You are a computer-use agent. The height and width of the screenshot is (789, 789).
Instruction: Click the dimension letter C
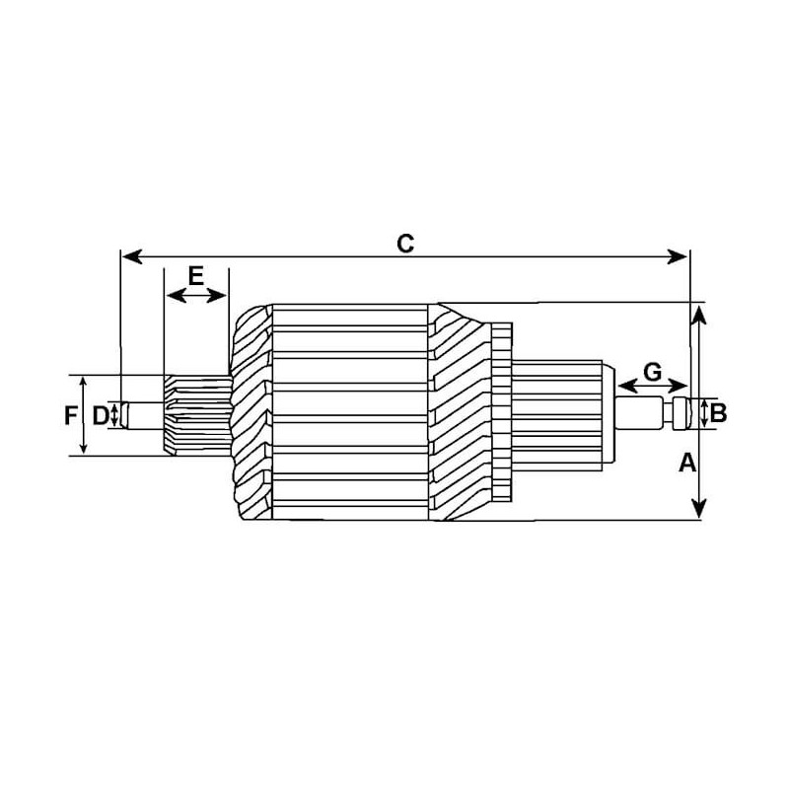coord(404,243)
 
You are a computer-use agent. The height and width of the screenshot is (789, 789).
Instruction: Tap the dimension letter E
coord(195,275)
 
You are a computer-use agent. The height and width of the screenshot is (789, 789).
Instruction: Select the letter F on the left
coord(70,415)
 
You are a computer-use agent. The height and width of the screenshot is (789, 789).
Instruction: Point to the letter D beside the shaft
coord(100,415)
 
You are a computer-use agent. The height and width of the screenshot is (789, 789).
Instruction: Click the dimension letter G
coord(652,372)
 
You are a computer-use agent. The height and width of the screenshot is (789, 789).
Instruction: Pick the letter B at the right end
coord(719,413)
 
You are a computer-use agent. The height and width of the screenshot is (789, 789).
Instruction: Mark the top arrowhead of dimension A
coord(698,314)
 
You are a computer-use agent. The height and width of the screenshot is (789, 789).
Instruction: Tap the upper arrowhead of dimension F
coord(84,382)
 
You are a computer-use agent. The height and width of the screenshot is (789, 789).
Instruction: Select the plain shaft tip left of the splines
coord(143,414)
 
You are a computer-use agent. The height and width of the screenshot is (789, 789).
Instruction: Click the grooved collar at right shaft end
coord(679,413)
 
